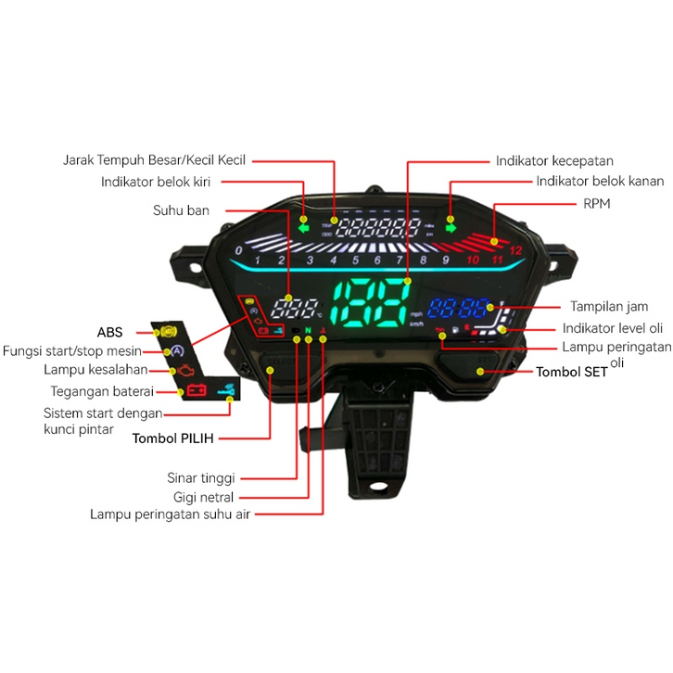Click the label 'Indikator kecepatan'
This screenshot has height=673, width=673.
click(554, 160)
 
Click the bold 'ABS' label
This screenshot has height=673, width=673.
click(109, 331)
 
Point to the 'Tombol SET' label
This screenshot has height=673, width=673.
click(572, 372)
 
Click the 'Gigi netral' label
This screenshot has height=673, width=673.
click(205, 497)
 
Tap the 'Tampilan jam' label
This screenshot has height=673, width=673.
click(609, 306)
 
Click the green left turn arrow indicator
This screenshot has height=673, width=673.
click(303, 224)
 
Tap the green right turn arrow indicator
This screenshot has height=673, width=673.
click(451, 224)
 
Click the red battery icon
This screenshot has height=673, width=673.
click(196, 389)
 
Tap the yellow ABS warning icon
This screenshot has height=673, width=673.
click(167, 330)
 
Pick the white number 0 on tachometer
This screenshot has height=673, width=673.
click(239, 250)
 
